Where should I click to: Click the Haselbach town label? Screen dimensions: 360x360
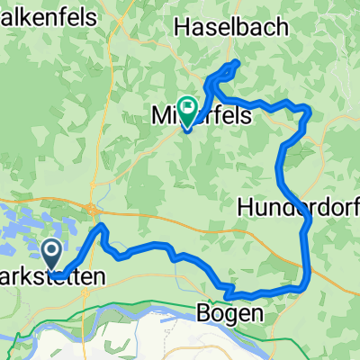pos(233,27)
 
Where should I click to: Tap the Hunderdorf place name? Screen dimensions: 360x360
pos(298,207)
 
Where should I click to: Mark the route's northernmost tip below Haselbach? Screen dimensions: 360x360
pos(237,62)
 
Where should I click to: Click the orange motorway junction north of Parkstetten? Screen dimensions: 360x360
pos(93,209)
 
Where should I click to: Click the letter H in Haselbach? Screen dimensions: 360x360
pos(184,27)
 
